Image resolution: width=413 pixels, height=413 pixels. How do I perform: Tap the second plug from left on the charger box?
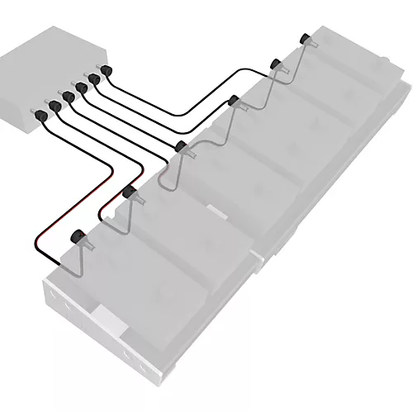pyautogui.click(x=55, y=106)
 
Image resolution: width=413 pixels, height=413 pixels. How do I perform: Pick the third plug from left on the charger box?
pyautogui.click(x=69, y=97)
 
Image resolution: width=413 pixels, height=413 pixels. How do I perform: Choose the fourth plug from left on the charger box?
pyautogui.click(x=81, y=88)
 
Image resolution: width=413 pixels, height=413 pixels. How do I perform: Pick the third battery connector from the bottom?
pyautogui.click(x=181, y=146)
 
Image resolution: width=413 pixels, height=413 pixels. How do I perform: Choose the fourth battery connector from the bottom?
pyautogui.click(x=234, y=101)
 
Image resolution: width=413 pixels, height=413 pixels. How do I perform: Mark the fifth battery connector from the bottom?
pyautogui.click(x=276, y=63)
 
